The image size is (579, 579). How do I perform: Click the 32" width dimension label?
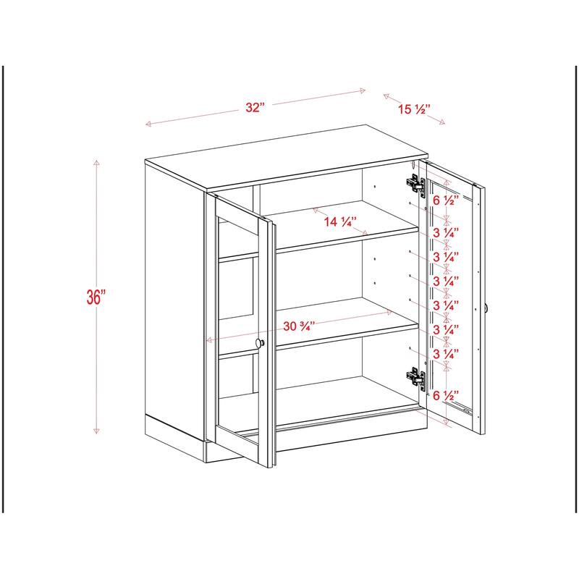pos(254,107)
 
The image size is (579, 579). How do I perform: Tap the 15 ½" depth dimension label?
pos(414,110)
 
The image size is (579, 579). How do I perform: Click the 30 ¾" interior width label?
pos(299,326)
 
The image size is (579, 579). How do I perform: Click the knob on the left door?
pos(261,343)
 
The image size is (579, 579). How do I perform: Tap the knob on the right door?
pos(487,308)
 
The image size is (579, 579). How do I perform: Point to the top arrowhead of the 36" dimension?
pos(96,162)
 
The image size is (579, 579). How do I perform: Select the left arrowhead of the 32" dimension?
pos(148,124)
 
